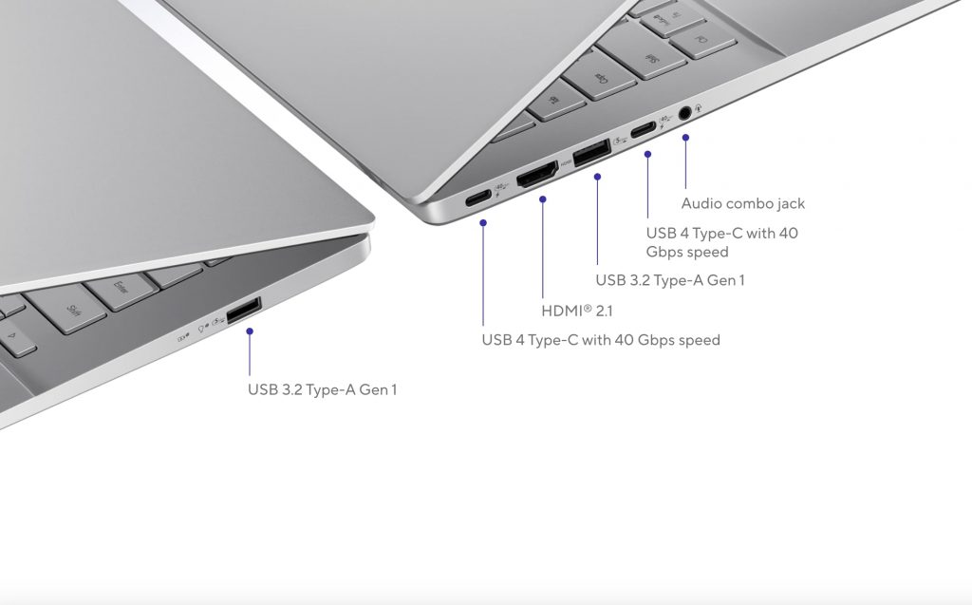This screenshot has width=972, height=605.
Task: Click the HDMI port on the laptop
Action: tap(537, 175)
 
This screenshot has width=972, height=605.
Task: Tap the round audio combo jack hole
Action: tap(684, 114)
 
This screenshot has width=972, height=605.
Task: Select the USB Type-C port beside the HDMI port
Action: tap(478, 199)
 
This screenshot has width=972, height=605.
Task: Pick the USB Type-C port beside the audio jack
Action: tap(643, 130)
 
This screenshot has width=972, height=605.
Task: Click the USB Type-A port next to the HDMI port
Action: tap(592, 153)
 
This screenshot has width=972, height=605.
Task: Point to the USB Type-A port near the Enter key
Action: tap(244, 311)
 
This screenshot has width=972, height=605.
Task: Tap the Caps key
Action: tap(600, 77)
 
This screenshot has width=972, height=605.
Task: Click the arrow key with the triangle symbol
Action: tap(13, 338)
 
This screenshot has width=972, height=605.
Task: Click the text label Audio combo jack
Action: tap(742, 203)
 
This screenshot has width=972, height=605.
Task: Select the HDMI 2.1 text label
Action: tap(576, 311)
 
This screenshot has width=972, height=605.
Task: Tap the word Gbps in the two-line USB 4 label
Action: tap(666, 252)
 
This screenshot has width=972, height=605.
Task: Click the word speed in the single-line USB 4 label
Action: tap(700, 341)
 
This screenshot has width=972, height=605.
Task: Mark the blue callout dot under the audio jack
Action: tap(685, 138)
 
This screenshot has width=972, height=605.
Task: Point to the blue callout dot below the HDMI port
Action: tap(542, 199)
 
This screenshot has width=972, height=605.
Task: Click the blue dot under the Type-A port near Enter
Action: tap(250, 331)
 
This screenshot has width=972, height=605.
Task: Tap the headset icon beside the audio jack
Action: tap(699, 108)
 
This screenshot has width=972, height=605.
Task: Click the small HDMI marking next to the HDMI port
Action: tap(566, 163)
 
